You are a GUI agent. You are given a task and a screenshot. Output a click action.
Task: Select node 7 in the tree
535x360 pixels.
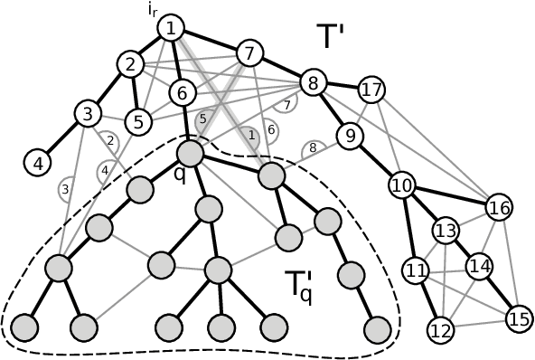pos(249,52)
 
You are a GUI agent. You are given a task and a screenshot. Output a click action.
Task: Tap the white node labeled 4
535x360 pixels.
pos(37,163)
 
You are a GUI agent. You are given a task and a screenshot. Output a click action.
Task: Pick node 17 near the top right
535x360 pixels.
pos(371,90)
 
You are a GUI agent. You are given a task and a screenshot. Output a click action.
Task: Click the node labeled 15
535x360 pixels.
pos(518,318)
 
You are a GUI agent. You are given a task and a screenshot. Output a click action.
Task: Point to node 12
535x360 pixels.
pos(440,330)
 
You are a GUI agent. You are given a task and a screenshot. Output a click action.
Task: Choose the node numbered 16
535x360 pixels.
pos(499,207)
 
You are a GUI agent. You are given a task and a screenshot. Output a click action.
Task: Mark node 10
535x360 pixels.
pos(402,186)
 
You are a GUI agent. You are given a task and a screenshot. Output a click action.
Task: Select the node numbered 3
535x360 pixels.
pos(87,114)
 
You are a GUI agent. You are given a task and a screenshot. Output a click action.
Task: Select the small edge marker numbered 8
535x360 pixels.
pos(313,147)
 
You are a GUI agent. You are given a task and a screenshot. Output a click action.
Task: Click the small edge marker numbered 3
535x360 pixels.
pos(65,189)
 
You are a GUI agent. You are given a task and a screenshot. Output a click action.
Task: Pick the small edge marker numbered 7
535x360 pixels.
pos(287,105)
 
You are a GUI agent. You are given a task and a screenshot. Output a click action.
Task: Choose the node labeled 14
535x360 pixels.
pos(479,267)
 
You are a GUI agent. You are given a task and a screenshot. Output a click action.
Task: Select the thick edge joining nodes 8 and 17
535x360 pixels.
pos(343,86)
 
